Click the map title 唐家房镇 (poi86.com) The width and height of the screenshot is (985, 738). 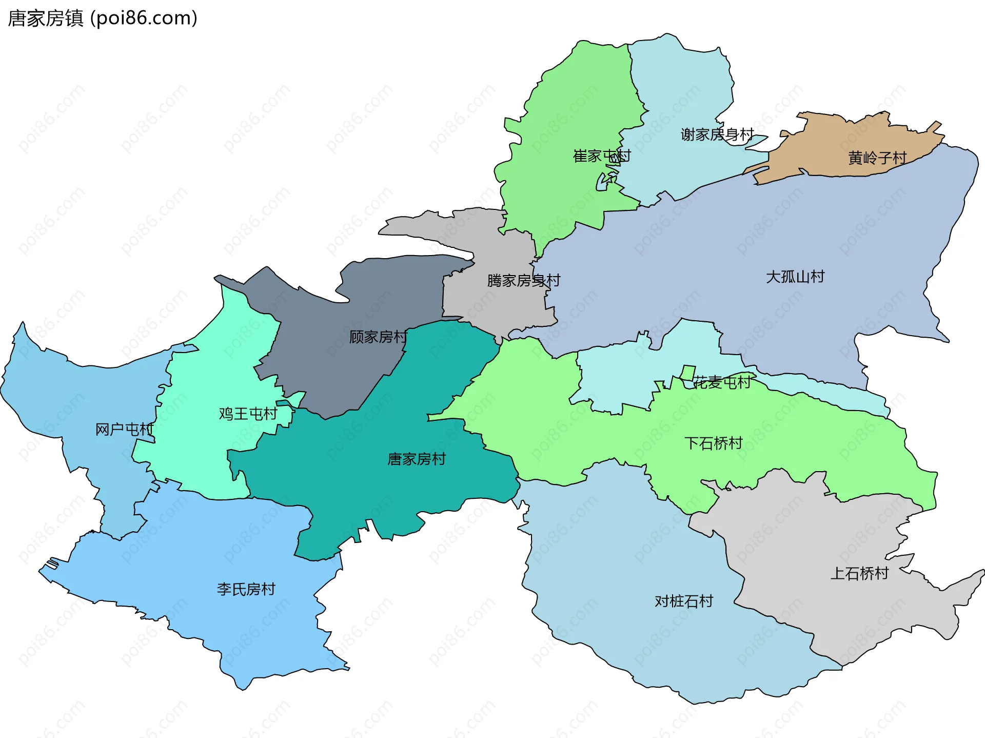103,18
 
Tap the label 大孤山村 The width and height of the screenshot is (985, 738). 795,277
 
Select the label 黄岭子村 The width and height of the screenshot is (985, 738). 877,158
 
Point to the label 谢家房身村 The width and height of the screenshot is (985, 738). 717,134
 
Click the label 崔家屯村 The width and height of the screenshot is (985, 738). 601,156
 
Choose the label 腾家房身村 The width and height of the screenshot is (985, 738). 523,281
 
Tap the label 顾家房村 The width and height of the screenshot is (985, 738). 378,337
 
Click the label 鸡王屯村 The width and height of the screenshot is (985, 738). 248,414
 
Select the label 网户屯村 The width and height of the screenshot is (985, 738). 125,429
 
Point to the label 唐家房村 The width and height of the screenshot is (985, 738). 416,459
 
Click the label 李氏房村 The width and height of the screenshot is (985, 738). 246,589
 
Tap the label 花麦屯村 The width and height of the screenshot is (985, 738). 721,382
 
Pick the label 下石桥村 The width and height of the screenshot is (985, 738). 713,443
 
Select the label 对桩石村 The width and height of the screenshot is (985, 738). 683,601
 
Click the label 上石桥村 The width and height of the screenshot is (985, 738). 859,573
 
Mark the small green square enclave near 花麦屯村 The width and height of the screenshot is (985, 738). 687,373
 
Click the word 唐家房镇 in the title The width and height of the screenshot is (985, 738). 45,18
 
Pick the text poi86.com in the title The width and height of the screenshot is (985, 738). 144,18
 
